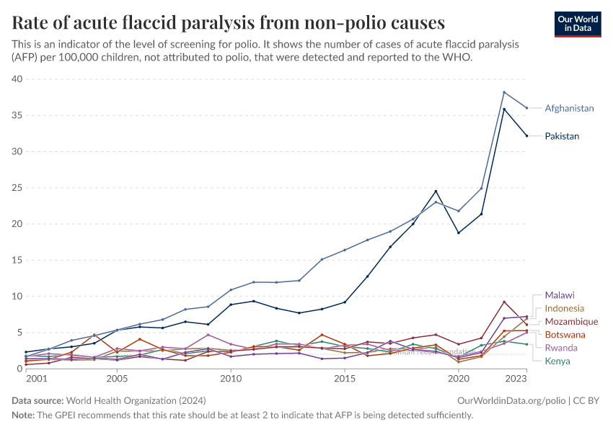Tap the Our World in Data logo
pos(577,24)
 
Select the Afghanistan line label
pos(569,108)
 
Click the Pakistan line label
pos(562,136)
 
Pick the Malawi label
pos(560,295)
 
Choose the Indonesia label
pos(565,308)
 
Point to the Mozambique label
pos(571,322)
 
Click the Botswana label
pos(565,335)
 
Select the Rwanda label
pos(561,348)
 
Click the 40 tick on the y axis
pos(17,79)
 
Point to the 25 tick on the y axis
pos(17,188)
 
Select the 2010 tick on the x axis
pos(231,378)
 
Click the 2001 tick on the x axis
pos(26,378)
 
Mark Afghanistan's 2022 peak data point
pos(504,92)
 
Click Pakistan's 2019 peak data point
pos(436,191)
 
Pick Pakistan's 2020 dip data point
pos(459,233)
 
